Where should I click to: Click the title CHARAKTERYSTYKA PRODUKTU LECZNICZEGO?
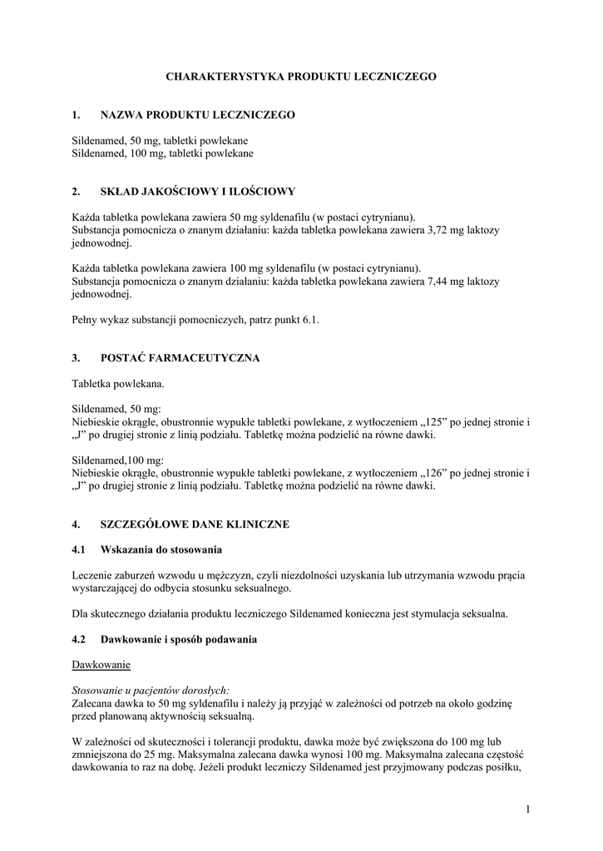301,76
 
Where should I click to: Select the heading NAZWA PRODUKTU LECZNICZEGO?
197,115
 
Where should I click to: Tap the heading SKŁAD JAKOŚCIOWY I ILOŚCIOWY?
197,192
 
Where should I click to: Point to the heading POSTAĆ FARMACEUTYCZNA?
180,358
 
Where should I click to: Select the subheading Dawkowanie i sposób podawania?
179,640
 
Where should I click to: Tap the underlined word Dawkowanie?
101,666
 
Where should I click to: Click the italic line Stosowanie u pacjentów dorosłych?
151,691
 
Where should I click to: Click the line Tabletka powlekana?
118,384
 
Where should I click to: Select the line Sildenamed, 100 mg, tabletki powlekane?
162,154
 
